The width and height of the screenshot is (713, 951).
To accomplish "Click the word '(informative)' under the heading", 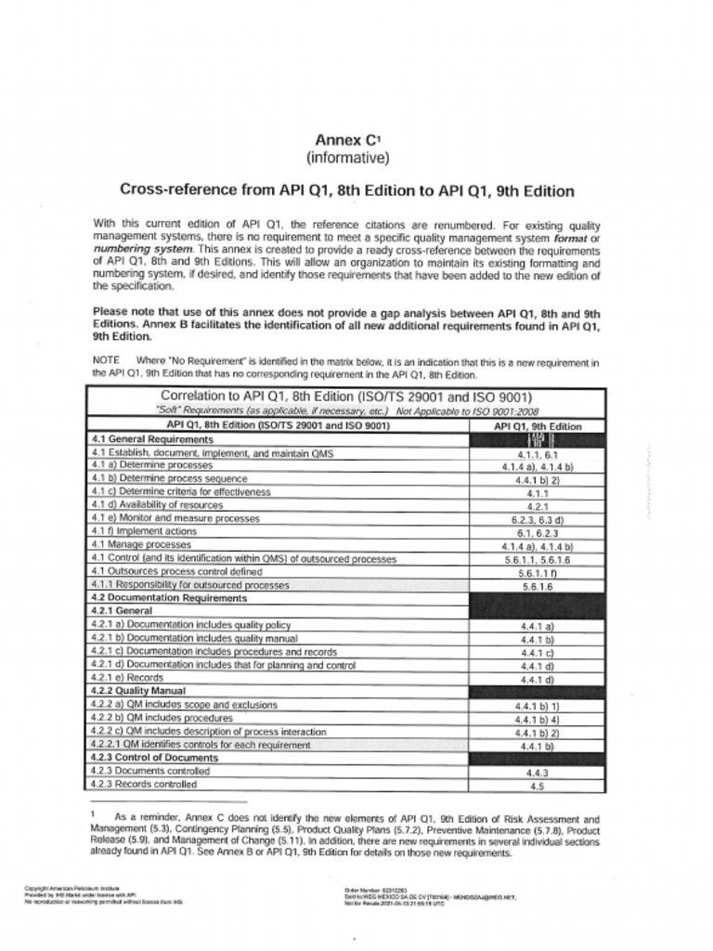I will [347, 158].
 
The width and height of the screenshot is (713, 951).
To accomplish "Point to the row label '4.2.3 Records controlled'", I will [144, 785].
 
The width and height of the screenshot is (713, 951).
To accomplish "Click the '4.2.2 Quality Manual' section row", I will [138, 691].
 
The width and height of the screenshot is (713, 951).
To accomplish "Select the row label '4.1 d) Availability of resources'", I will [157, 505].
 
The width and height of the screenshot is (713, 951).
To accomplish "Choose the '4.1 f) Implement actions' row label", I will [144, 532].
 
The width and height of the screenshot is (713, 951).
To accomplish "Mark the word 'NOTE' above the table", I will [107, 359].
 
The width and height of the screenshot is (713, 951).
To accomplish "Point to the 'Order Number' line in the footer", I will [371, 889].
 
